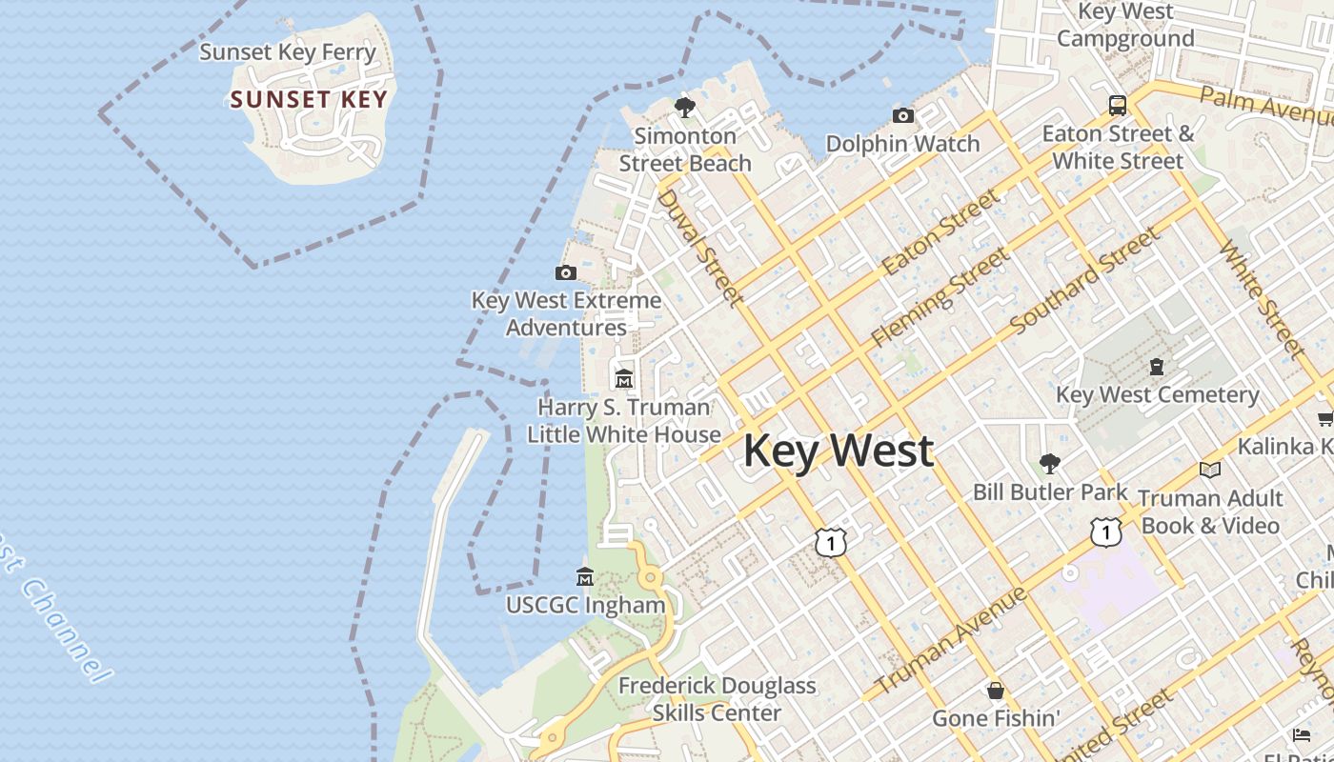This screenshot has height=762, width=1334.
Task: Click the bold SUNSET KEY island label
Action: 309,100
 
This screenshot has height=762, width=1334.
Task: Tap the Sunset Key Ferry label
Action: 288,52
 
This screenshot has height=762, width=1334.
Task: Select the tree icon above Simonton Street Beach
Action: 684,108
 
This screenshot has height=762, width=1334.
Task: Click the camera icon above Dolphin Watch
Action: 902,116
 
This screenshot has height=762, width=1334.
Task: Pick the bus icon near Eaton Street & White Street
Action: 1117,105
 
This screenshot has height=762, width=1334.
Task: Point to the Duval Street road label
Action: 700,249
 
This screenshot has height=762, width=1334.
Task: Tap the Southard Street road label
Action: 1085,280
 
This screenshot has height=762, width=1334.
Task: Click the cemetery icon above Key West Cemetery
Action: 1157,367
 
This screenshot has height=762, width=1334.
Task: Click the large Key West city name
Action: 838,451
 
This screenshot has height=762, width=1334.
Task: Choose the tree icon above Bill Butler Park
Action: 1049,465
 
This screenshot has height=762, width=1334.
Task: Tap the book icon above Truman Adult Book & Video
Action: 1210,470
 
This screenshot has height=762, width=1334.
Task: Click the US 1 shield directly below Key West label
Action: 831,542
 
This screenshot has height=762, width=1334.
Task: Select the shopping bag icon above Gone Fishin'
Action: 996,691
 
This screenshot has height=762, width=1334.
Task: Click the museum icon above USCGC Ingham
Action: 585,577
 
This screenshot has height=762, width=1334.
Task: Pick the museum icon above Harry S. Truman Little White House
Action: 624,379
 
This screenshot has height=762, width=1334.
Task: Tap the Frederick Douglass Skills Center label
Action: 717,699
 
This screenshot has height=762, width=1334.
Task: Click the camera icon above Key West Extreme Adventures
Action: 565,273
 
